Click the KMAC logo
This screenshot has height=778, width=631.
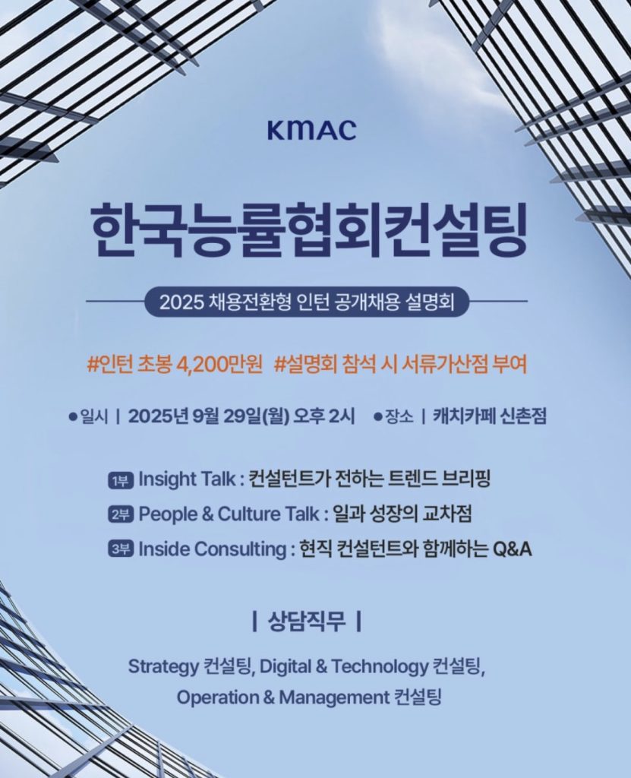311,129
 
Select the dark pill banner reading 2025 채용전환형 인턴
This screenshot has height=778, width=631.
307,301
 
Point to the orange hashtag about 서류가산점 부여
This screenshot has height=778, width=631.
400,365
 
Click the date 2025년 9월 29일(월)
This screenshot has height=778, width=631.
208,416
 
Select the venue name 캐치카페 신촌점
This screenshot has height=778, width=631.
490,416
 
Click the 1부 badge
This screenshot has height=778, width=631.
121,480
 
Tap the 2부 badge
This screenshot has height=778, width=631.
121,515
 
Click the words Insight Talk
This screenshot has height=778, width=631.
187,480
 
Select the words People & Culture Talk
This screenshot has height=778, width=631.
229,514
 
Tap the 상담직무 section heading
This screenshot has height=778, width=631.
307,621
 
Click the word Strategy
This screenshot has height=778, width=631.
163,667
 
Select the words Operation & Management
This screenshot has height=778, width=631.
282,698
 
